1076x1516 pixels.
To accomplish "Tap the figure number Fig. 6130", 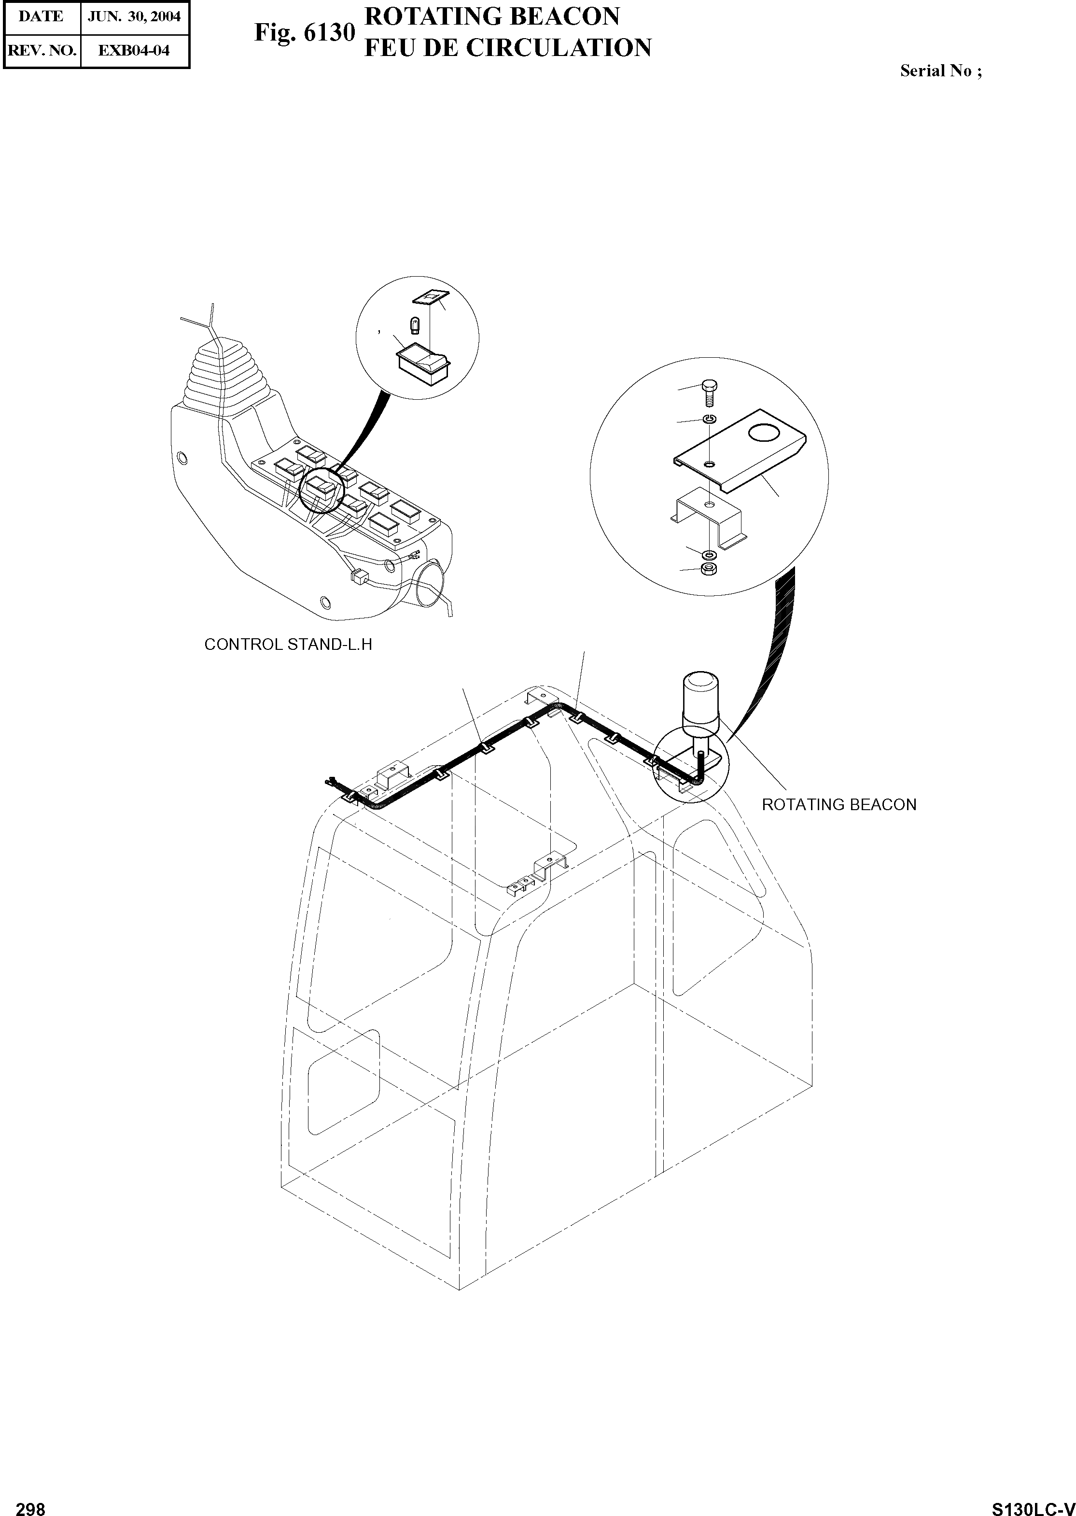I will coord(305,33).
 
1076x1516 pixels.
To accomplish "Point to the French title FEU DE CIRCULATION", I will coord(507,48).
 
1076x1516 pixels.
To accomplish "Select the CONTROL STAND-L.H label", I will coord(288,645).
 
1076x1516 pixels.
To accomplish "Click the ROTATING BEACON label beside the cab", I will coord(839,804).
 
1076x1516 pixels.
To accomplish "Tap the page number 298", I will coord(30,1504).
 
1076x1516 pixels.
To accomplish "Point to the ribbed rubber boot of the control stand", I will coord(225,378).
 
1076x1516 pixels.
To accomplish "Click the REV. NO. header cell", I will coord(41,50).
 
